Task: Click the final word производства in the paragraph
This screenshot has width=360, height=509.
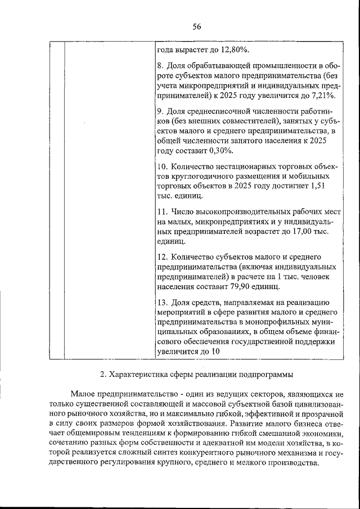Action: [290, 463]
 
